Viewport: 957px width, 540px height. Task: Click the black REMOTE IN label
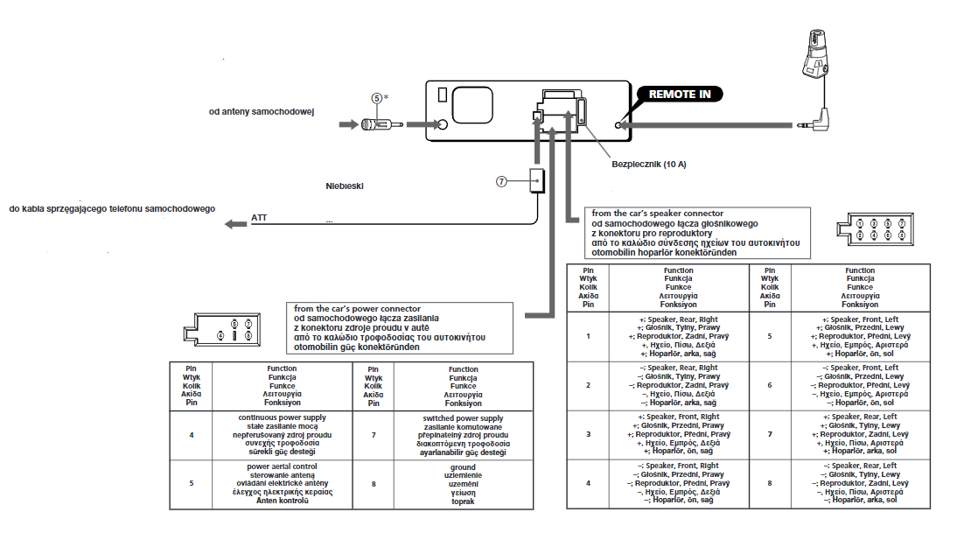(x=680, y=94)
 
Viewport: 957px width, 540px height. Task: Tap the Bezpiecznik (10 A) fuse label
(x=649, y=165)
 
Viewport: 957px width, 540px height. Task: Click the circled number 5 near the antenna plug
(x=376, y=98)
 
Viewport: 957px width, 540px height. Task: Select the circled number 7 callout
(x=501, y=181)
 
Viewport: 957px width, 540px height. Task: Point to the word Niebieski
(x=345, y=186)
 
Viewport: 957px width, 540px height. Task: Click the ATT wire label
(x=259, y=217)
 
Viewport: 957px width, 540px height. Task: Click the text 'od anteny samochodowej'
(x=262, y=112)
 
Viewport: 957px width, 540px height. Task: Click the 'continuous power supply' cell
(x=282, y=435)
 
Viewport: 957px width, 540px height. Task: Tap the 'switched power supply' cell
(x=464, y=436)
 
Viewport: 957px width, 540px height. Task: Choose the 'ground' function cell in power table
(x=464, y=484)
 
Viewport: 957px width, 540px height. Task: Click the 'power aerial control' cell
(x=282, y=484)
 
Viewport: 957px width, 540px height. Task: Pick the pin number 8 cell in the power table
(x=374, y=484)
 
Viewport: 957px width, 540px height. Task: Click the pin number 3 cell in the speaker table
(x=589, y=434)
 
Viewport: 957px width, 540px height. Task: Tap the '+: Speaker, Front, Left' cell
(x=860, y=337)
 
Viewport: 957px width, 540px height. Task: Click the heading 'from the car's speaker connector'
(x=657, y=214)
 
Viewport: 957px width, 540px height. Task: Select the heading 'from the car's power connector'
(x=357, y=308)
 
